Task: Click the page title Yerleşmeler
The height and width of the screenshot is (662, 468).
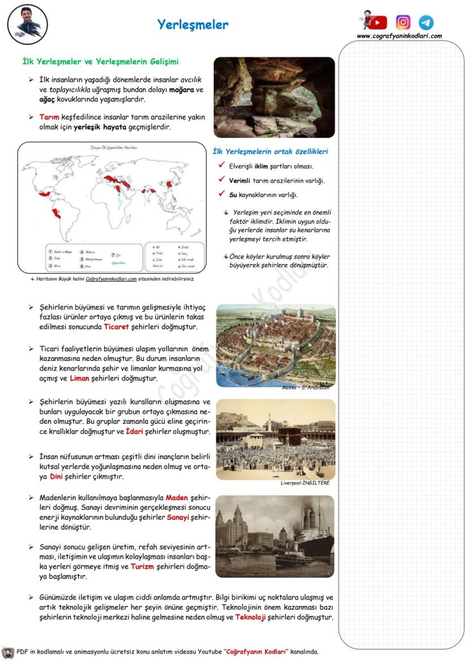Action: pyautogui.click(x=193, y=24)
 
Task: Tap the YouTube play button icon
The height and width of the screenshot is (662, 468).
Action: pyautogui.click(x=378, y=23)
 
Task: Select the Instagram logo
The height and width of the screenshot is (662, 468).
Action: pyautogui.click(x=403, y=22)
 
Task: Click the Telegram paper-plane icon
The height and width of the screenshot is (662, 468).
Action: pyautogui.click(x=426, y=23)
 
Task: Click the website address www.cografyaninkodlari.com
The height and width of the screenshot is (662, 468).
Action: pyautogui.click(x=399, y=36)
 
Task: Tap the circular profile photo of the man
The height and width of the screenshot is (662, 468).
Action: pyautogui.click(x=28, y=24)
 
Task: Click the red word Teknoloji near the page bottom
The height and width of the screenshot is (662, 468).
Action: pyautogui.click(x=250, y=617)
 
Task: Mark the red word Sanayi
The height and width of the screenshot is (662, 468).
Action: pyautogui.click(x=177, y=517)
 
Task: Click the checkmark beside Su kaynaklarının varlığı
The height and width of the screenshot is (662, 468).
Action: pyautogui.click(x=222, y=194)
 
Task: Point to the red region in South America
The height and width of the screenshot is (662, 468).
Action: pyautogui.click(x=55, y=213)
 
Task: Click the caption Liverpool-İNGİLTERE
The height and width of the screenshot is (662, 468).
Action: pyautogui.click(x=305, y=483)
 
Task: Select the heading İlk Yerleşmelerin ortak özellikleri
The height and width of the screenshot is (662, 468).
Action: pyautogui.click(x=270, y=152)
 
